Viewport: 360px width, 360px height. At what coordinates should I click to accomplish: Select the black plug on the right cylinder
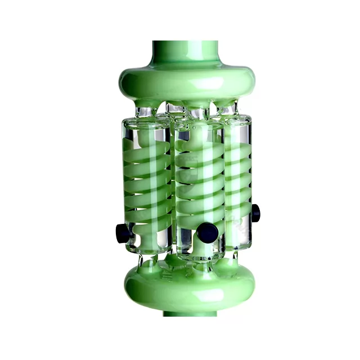[x=256, y=213]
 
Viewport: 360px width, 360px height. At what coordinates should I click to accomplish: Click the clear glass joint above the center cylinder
[x=197, y=113]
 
